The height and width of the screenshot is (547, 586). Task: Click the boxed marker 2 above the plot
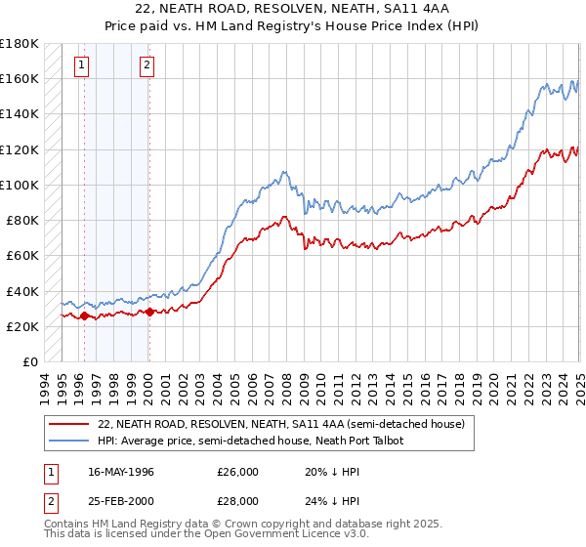pos(146,65)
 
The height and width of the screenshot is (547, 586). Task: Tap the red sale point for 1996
pos(84,316)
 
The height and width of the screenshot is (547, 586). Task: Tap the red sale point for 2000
pos(149,313)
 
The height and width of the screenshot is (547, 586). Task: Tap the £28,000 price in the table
pos(238,501)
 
